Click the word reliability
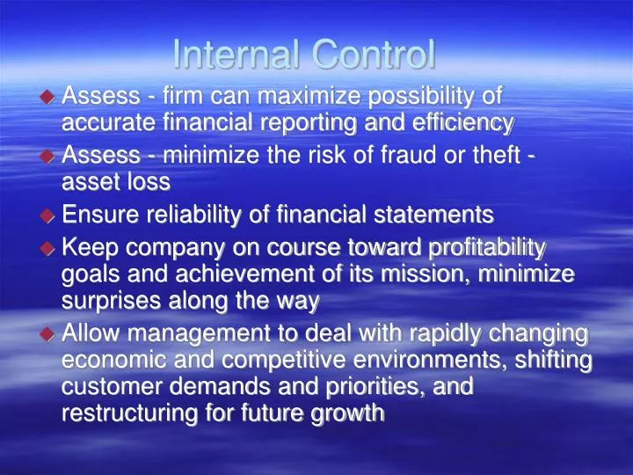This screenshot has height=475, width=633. pos(193,215)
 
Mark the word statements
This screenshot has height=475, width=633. pos(434,215)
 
